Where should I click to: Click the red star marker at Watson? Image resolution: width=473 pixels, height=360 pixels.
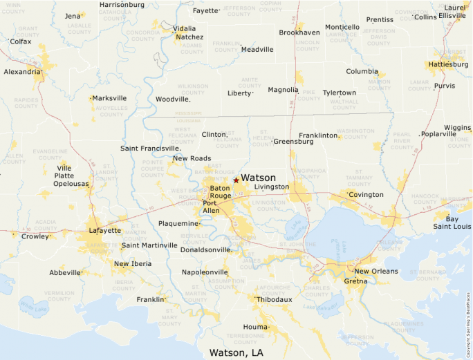point(236,180)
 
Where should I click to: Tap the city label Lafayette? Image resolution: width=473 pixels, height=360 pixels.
point(104,230)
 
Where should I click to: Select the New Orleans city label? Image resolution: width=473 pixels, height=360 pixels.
point(376,272)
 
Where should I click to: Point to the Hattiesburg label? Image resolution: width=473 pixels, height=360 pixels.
point(448,64)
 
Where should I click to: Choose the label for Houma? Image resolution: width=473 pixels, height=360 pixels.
point(255,326)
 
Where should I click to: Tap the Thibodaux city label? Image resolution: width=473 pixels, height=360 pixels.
point(275,299)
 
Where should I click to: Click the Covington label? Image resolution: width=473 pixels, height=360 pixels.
point(366,195)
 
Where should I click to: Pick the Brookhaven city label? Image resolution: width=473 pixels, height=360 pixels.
point(299,32)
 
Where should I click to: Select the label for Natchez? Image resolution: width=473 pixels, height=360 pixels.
point(189,37)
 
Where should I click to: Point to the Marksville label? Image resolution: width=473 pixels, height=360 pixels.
point(110,98)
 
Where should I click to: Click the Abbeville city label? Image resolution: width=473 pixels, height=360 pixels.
point(65,272)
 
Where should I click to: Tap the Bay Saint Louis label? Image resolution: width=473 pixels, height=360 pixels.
point(452,222)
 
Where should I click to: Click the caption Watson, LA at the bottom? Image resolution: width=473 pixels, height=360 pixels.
point(236,352)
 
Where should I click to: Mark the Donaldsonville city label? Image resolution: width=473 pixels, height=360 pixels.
point(205,249)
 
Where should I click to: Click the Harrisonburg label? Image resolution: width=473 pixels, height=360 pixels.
point(122,4)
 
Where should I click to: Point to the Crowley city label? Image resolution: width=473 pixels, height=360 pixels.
point(35,236)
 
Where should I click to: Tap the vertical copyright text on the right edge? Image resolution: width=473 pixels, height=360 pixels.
point(468,304)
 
